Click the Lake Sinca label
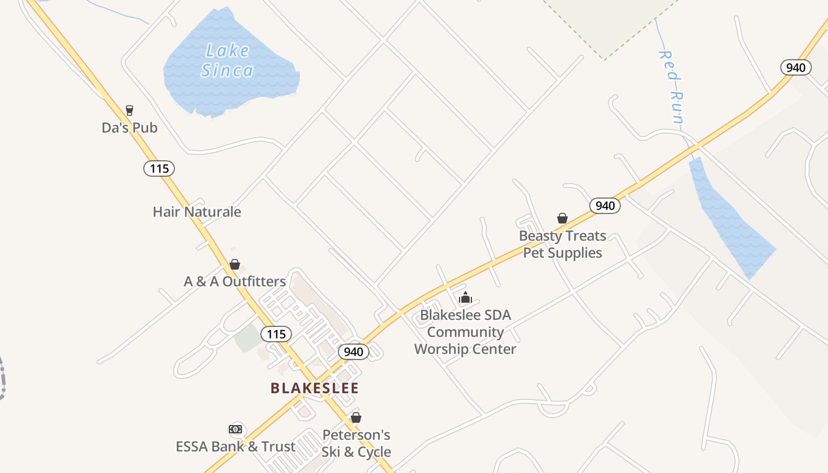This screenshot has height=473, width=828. tap(227, 61)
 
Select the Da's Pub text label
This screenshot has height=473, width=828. tap(130, 128)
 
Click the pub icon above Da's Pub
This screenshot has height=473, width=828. tap(130, 111)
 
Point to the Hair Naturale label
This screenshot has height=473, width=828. tap(197, 212)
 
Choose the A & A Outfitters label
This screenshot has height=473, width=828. tap(235, 281)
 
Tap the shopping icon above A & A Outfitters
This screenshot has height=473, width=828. tap(235, 264)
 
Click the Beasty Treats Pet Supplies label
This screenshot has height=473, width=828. tap(562, 244)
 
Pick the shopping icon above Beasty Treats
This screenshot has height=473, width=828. tap(562, 219)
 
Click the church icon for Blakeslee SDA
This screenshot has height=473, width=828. tap(465, 297)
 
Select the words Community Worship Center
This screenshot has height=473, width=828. tap(465, 341)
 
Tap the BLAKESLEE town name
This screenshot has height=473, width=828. tap(315, 388)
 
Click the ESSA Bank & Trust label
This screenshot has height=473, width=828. tap(235, 446)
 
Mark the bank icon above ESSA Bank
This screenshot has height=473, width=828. tap(235, 429)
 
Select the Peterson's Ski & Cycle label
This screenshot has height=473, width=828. tap(356, 443)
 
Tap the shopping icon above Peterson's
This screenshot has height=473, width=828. tap(356, 418)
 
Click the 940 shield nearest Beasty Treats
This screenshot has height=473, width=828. tap(605, 206)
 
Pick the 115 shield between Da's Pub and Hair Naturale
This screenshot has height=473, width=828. tap(159, 169)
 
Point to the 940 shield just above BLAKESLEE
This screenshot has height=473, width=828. tap(354, 352)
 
